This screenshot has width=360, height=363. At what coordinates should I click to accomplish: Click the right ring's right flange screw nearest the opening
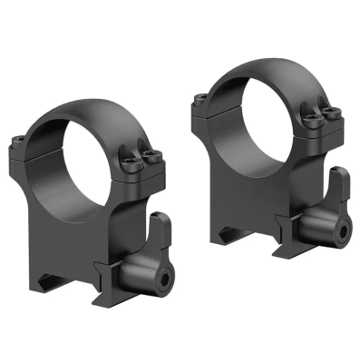tap(311, 119)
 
